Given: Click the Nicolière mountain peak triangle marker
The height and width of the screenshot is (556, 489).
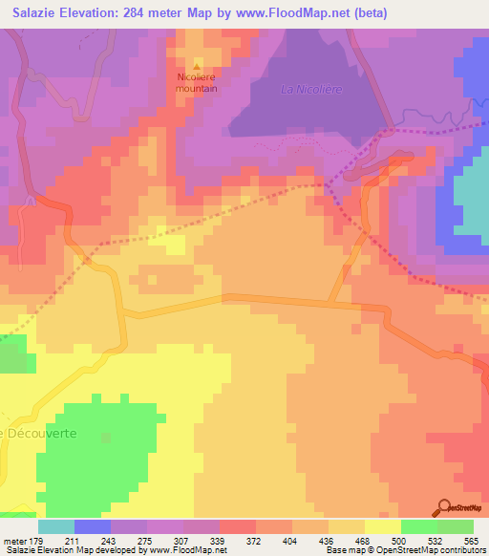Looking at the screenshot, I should click(197, 67).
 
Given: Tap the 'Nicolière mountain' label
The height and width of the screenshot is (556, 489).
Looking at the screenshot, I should click(197, 83).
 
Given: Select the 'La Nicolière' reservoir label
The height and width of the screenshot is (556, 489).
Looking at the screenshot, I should click(310, 90).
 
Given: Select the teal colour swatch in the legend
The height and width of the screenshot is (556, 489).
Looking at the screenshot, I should click(56, 526).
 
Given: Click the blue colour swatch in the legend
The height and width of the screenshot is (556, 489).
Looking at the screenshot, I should click(93, 526).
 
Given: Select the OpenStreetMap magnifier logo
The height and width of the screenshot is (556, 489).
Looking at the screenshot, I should click(444, 508).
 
